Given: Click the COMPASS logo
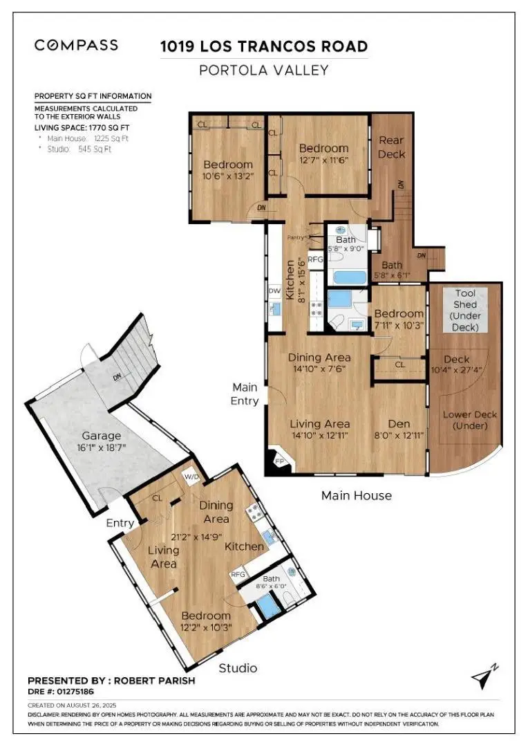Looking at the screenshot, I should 76,46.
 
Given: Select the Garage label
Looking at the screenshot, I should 102,436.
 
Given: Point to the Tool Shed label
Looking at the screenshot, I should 464,310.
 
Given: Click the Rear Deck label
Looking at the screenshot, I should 391,147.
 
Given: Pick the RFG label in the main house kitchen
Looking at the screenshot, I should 316,259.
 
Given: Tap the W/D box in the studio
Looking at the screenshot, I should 190,477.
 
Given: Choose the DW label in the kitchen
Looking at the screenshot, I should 274,291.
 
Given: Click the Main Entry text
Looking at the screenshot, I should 245,394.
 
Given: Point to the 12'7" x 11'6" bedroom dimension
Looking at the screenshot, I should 323,160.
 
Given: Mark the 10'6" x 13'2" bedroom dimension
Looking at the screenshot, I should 228,176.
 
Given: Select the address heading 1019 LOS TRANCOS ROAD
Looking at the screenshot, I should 263,47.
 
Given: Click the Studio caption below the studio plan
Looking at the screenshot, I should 238,667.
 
